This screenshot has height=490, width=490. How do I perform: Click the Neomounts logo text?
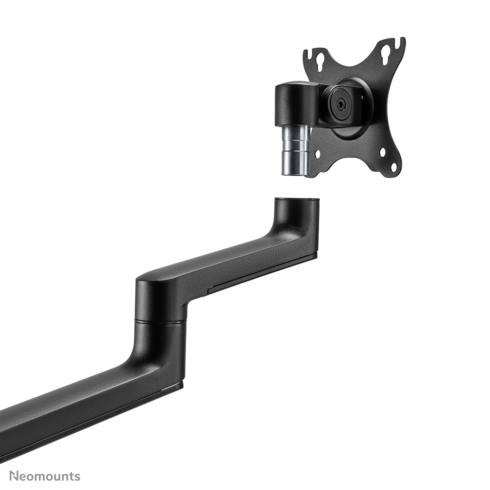[44, 476]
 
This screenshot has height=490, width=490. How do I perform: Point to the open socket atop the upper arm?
[297, 200]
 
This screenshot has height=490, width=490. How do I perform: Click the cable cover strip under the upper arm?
[261, 275]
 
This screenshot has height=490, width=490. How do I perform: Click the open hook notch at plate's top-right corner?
[399, 43]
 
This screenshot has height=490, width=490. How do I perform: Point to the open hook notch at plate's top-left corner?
[309, 53]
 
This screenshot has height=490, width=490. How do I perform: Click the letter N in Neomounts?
[14, 476]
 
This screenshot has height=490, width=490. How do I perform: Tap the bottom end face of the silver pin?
[294, 174]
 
